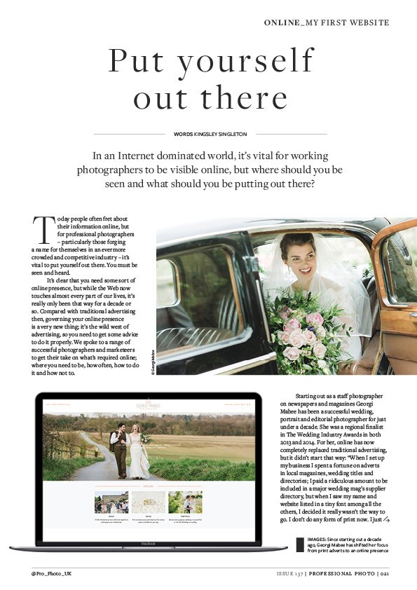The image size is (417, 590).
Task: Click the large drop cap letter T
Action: (x=43, y=228)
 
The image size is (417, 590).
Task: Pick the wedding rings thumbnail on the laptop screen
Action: (x=148, y=502)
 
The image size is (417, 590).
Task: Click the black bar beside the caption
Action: (x=299, y=544)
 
